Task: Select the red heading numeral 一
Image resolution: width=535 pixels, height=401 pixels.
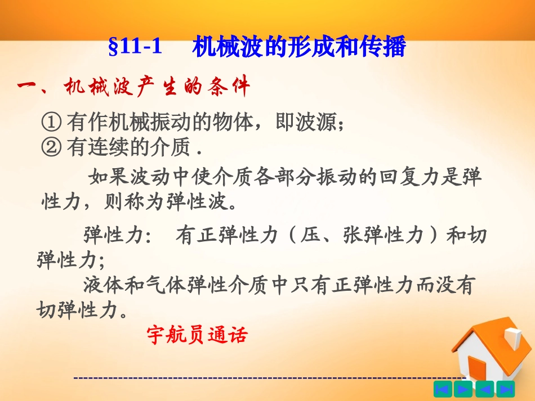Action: click(28, 88)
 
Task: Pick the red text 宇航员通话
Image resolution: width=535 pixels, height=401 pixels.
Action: click(197, 336)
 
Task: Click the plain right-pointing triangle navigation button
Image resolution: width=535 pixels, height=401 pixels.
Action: click(463, 389)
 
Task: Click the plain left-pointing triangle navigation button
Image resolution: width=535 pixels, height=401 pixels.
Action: click(485, 389)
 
